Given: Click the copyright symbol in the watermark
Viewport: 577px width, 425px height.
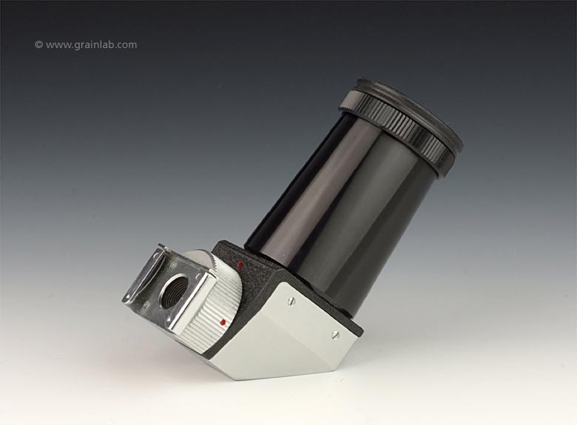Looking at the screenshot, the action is [x=38, y=45].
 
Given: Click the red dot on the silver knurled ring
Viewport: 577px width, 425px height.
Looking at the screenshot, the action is [x=222, y=323].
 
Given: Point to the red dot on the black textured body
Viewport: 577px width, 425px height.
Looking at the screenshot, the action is [x=240, y=265].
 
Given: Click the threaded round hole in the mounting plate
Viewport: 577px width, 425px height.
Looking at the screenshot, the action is [x=175, y=290].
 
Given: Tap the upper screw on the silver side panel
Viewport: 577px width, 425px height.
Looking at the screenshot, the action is [x=289, y=301].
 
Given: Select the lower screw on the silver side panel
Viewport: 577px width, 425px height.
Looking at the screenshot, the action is [x=334, y=334].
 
